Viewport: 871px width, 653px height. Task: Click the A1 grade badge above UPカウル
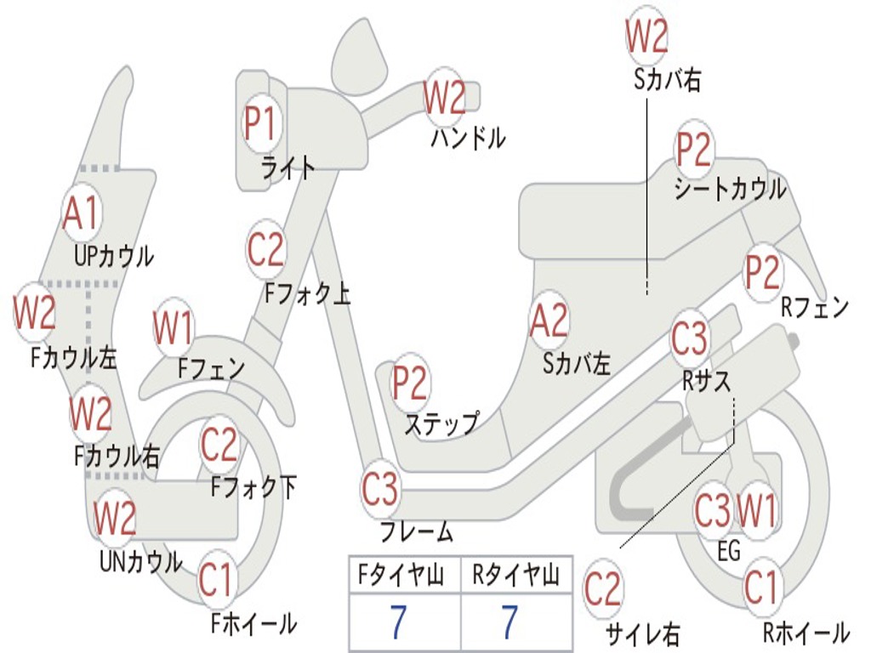pyautogui.click(x=82, y=214)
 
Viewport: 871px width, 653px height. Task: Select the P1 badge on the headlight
pyautogui.click(x=261, y=124)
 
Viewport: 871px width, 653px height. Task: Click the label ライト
pyautogui.click(x=288, y=168)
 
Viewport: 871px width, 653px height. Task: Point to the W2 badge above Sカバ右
pyautogui.click(x=646, y=37)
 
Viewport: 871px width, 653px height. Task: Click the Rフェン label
pyautogui.click(x=816, y=307)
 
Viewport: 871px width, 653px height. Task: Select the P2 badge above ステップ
pyautogui.click(x=410, y=383)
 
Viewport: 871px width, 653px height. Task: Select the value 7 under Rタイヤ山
pyautogui.click(x=510, y=623)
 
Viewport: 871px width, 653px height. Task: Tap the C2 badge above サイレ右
pyautogui.click(x=603, y=589)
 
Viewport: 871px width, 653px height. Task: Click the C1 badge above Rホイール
pyautogui.click(x=761, y=587)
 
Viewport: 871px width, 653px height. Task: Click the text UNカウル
pyautogui.click(x=141, y=561)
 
